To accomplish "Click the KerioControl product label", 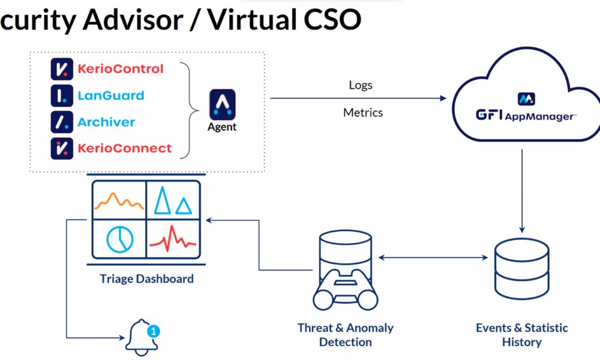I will (x=120, y=69).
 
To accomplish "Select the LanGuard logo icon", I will (x=62, y=95).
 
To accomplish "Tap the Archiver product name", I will (x=106, y=122).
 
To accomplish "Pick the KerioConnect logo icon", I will (x=62, y=148).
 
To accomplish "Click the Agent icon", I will (x=222, y=105).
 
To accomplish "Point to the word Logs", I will (x=361, y=85).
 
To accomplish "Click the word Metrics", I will (x=363, y=112).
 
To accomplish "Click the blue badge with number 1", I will (x=154, y=330).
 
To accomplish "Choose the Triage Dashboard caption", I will (x=147, y=279).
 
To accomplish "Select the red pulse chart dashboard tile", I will (x=173, y=237).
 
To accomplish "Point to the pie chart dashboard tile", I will (x=119, y=237).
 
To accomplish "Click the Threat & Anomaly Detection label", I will (x=346, y=335).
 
